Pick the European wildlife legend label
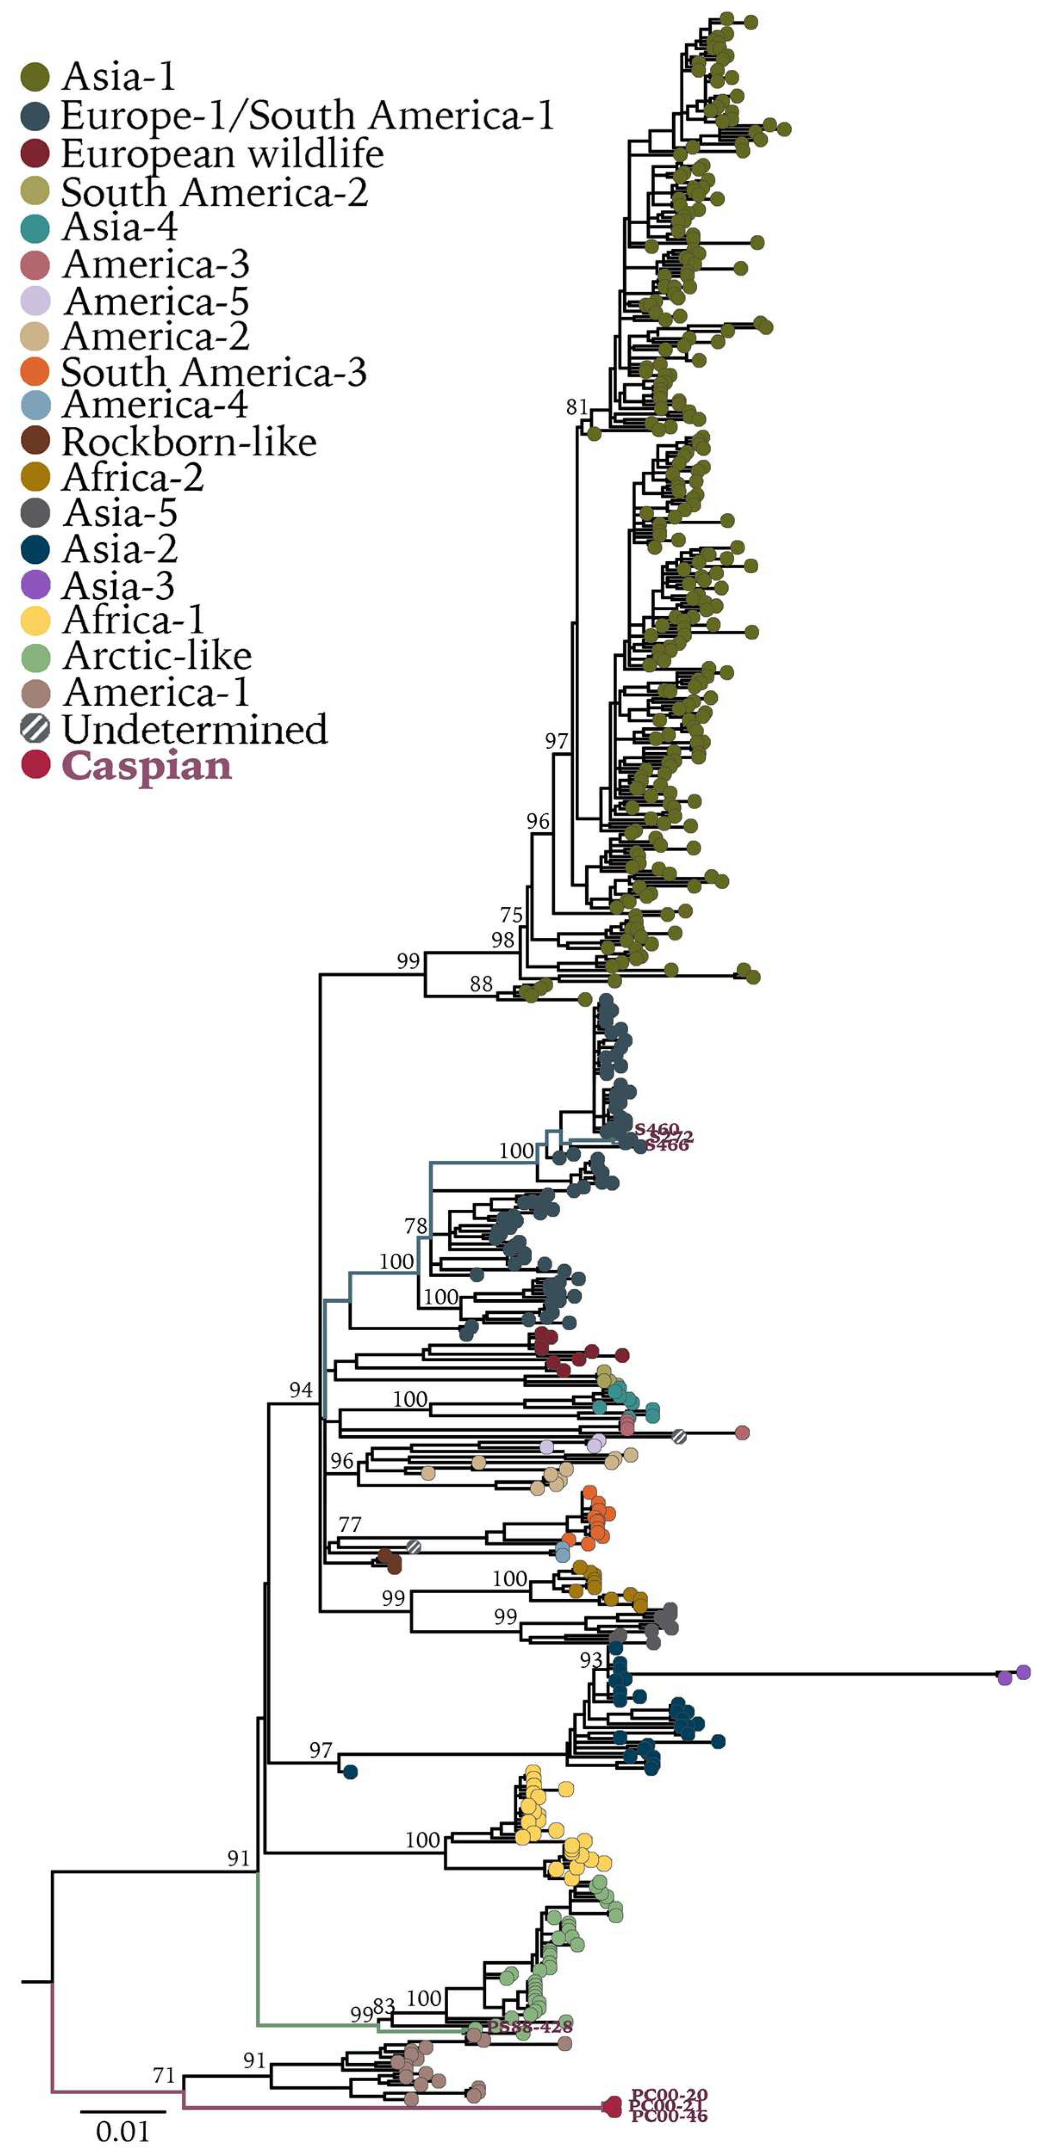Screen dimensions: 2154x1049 pos(222,154)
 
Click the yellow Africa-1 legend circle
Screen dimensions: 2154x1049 pos(35,621)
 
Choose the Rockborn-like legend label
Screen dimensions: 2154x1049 pos(189,442)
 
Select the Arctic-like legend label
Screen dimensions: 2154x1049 pos(157,655)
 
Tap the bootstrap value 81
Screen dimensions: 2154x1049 pos(576,407)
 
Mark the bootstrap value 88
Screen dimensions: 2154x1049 pos(481,984)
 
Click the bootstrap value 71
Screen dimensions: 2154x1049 pos(164,2075)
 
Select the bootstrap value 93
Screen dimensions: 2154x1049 pos(590,1660)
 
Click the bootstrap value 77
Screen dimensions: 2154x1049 pos(350,1524)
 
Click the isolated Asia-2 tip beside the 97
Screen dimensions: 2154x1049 pos(351,1772)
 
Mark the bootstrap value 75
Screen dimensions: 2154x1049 pos(511,915)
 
